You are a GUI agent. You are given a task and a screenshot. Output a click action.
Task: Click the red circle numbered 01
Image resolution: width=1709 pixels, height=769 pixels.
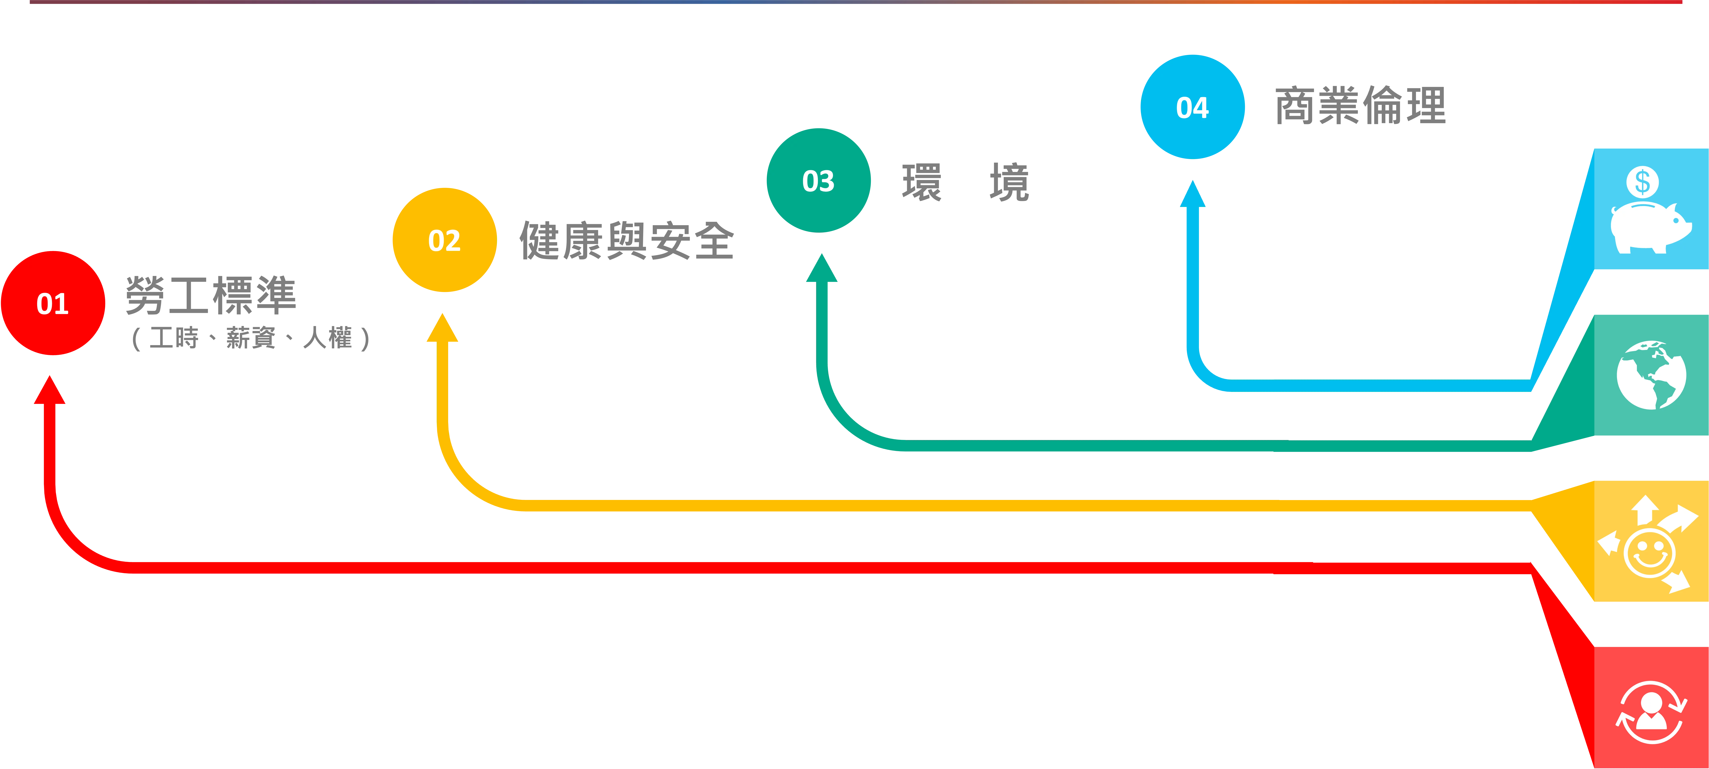tap(53, 303)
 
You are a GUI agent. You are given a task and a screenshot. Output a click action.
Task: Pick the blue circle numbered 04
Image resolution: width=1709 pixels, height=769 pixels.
tap(1192, 107)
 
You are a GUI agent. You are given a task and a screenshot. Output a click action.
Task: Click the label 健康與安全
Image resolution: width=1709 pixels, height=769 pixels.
tap(626, 240)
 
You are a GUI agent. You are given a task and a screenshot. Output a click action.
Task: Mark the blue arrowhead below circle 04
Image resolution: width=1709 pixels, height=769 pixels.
tap(1192, 194)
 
